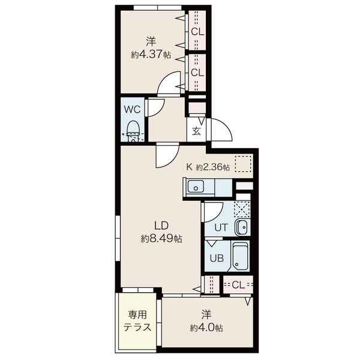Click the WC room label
132,109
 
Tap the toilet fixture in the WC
133,131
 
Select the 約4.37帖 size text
151,55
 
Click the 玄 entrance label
196,131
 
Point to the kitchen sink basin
196,186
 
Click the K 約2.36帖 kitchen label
208,167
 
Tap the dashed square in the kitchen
243,164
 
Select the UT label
221,227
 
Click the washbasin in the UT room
241,227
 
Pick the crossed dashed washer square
242,209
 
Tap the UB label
217,258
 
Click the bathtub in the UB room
241,257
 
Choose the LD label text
161,226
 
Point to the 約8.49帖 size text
161,239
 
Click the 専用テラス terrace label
137,321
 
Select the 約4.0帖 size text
206,328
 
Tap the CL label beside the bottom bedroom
238,285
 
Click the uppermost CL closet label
197,32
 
